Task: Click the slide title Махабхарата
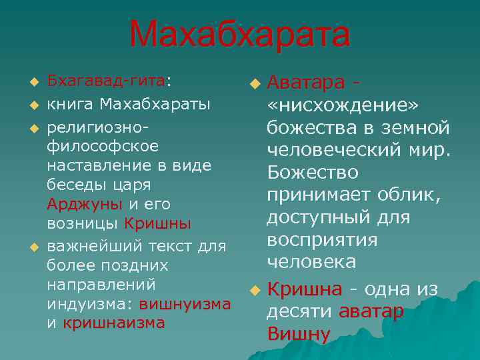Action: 239,34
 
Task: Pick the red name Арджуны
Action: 84,203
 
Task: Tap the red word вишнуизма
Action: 185,304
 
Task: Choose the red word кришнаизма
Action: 113,323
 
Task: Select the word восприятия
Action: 322,240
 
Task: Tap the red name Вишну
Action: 298,334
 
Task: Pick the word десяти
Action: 300,312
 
